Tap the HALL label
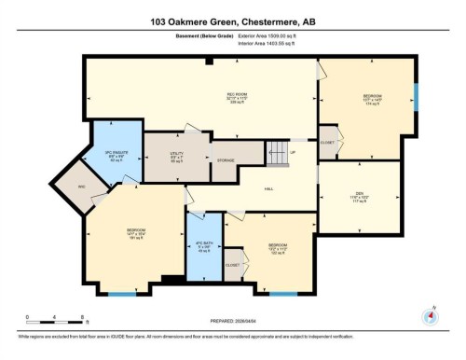[268, 188]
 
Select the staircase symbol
[275, 152]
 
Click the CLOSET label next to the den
[326, 143]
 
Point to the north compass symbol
[430, 314]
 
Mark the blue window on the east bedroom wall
[416, 95]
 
